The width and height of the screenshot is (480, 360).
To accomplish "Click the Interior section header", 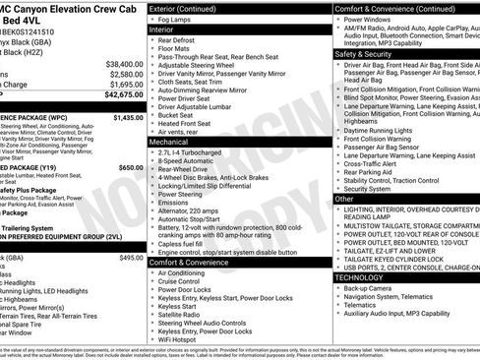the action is click(x=162, y=30).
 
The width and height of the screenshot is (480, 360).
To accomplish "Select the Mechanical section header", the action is click(x=169, y=142).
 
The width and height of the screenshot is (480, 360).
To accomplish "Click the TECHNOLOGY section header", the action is click(x=365, y=277).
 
